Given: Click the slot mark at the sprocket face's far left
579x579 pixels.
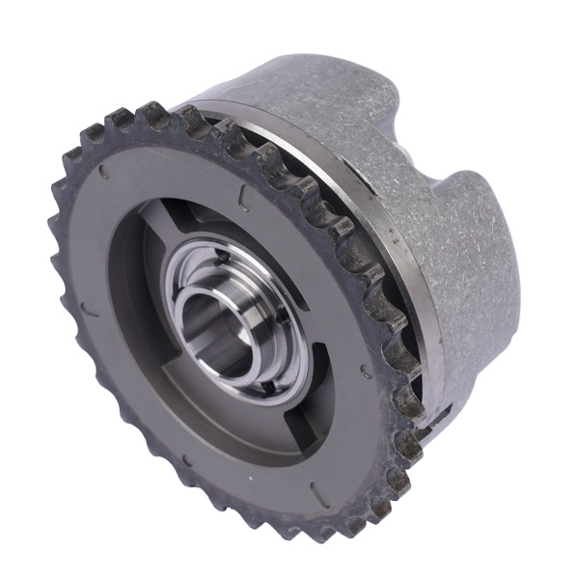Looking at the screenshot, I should (x=87, y=310).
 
